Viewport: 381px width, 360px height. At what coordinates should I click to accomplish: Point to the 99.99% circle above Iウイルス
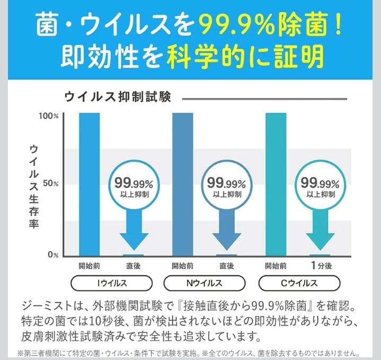tap(134, 186)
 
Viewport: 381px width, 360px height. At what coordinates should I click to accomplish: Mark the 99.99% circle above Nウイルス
tap(227, 186)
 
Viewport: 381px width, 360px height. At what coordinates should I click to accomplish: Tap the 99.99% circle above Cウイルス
tap(320, 186)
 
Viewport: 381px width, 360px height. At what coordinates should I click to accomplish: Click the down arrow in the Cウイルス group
tap(320, 233)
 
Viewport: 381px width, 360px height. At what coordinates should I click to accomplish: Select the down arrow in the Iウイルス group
tap(134, 233)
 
